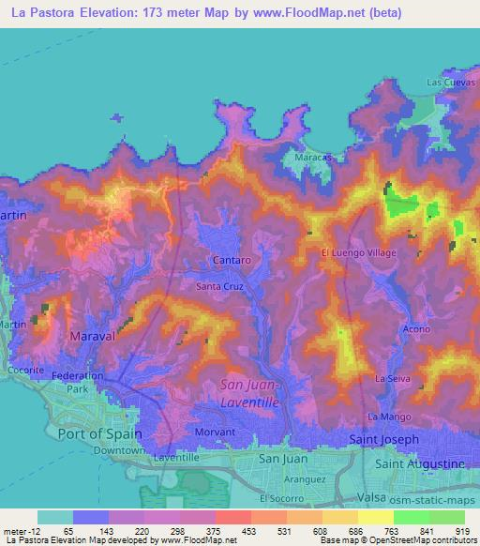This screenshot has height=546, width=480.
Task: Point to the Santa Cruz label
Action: [x=220, y=286]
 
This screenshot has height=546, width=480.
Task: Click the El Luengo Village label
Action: [x=360, y=253]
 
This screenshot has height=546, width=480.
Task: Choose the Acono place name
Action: [x=416, y=329]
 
